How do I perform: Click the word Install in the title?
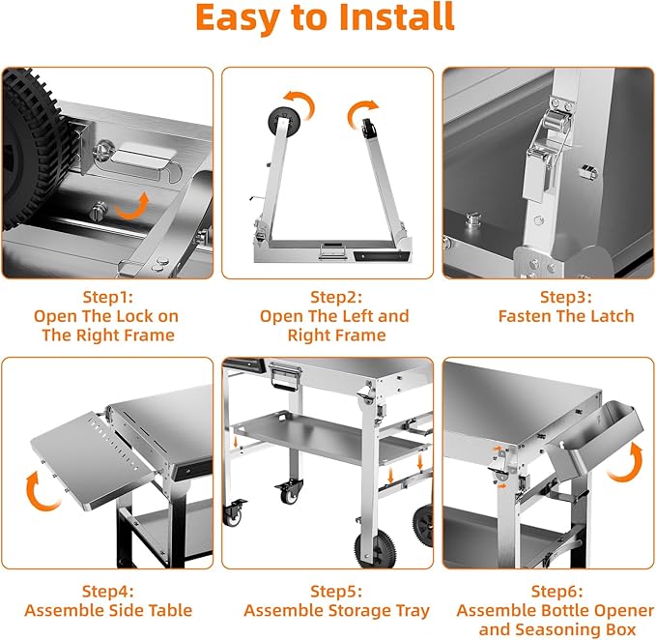[397, 17]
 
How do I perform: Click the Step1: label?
[108, 297]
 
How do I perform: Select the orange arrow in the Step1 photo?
[132, 206]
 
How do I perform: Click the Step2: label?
[336, 297]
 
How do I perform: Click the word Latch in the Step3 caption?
[613, 316]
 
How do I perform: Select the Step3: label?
[565, 297]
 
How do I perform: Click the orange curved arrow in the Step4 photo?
[40, 491]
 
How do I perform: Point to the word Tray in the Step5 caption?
[413, 611]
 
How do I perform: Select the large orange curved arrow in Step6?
[627, 463]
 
